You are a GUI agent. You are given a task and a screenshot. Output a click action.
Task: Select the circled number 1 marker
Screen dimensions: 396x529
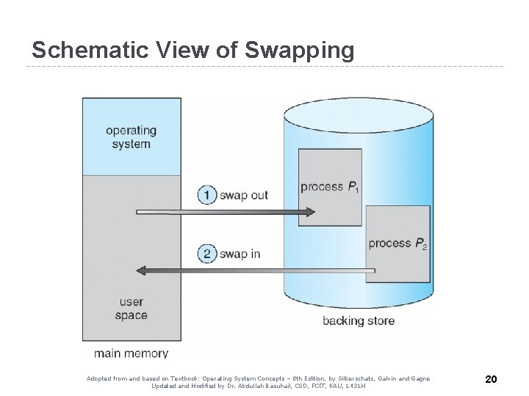click(x=207, y=195)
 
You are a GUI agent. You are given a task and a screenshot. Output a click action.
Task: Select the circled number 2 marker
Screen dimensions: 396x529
click(x=207, y=254)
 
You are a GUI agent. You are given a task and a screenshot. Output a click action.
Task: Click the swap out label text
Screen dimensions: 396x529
click(x=245, y=195)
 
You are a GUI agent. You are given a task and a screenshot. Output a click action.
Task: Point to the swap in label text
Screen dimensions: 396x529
click(x=241, y=254)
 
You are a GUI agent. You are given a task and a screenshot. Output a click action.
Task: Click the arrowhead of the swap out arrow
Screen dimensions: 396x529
click(x=309, y=213)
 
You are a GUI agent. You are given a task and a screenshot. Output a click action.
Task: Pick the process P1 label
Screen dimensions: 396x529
click(x=329, y=187)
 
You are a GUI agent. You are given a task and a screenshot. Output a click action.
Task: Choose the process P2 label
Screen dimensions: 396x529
click(x=397, y=243)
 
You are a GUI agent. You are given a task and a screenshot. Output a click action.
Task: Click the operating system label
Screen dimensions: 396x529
click(x=132, y=137)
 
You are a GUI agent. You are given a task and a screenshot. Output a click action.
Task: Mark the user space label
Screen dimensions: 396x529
click(x=131, y=309)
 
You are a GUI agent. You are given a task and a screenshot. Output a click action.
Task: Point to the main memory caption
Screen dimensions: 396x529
click(x=132, y=353)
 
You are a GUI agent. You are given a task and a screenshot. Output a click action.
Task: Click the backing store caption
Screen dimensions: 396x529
click(x=359, y=320)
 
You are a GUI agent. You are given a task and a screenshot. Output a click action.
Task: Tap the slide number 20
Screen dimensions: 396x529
click(x=492, y=379)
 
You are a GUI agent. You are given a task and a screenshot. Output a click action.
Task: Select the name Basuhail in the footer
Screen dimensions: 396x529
click(x=273, y=386)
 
